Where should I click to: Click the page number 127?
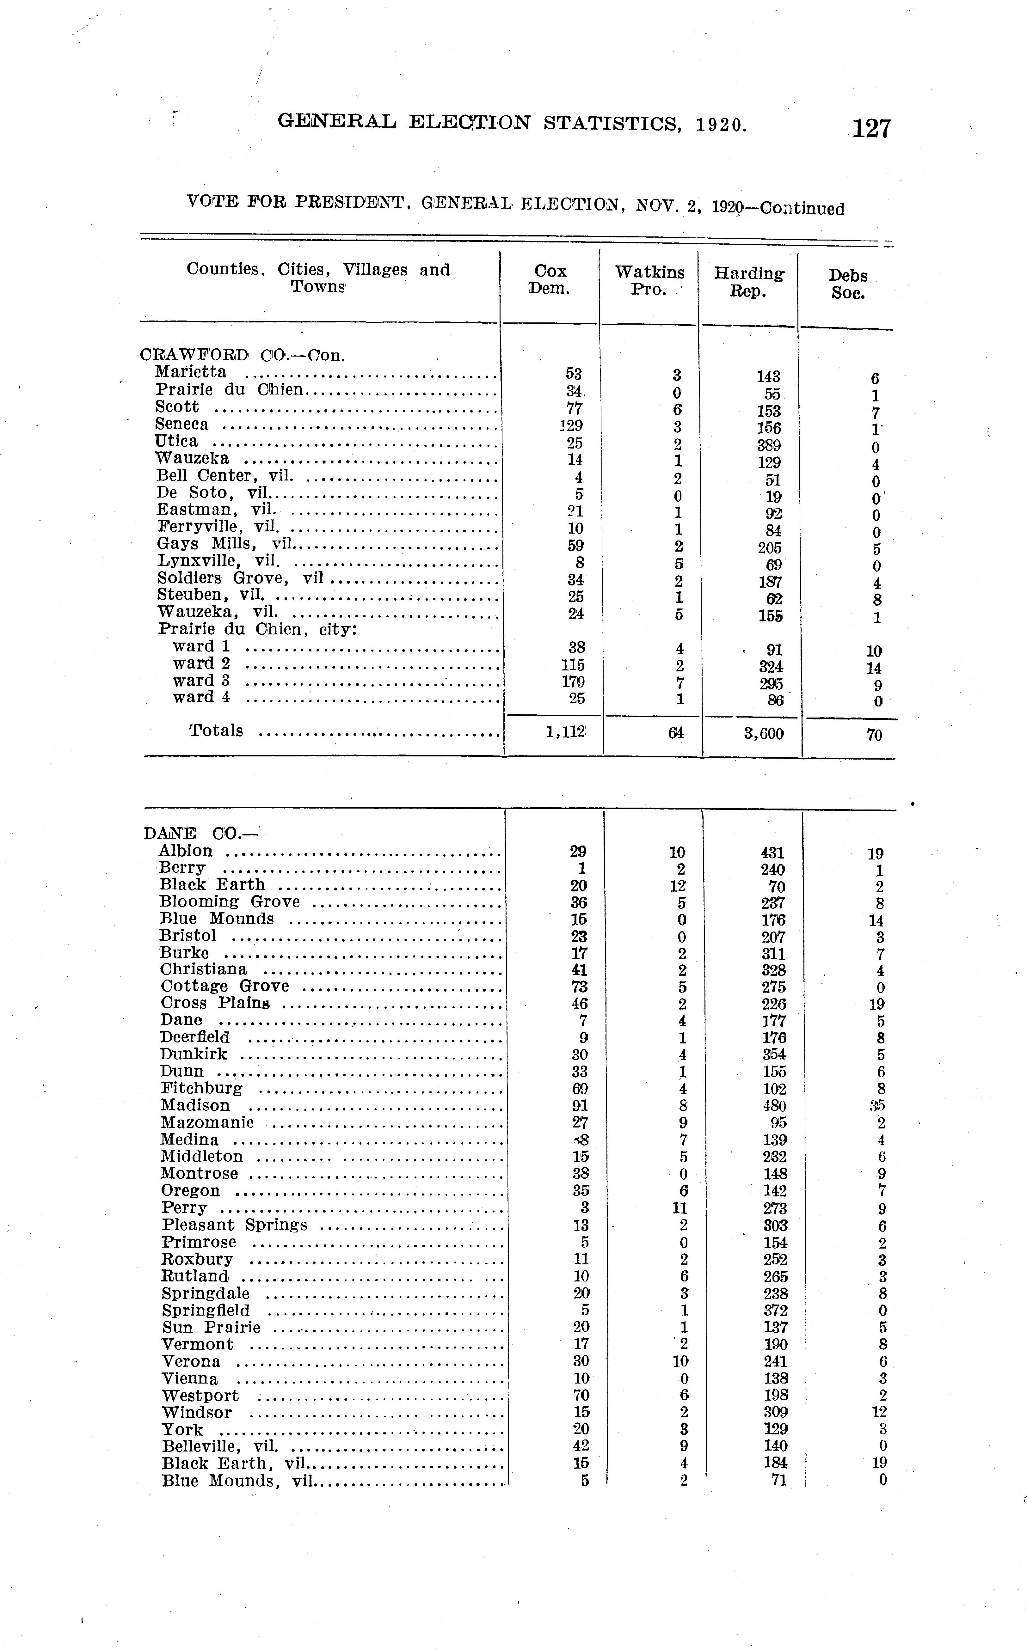[x=871, y=128]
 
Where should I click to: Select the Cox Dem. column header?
[x=550, y=280]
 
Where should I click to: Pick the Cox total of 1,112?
[x=565, y=732]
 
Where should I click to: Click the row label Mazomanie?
[x=207, y=1122]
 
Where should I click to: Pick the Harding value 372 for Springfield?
[x=776, y=1311]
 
